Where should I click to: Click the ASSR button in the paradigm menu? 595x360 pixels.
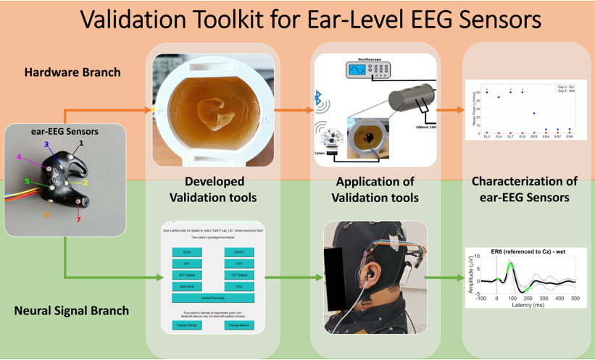tap(187, 252)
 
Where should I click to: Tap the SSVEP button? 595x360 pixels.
tap(239, 252)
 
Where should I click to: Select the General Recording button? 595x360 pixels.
tap(213, 298)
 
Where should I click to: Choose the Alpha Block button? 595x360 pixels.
tap(187, 286)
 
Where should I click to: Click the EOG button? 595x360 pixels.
tap(239, 286)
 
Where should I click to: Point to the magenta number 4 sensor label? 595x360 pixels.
tap(20, 157)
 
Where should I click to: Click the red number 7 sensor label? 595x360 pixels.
tap(79, 219)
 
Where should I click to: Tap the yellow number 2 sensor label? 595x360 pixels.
tap(86, 183)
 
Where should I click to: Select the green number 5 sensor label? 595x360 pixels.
tap(28, 182)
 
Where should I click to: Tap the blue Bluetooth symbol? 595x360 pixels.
tap(317, 97)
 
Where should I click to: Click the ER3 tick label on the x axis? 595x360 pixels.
tap(534, 136)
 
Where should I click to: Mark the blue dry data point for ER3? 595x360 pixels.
tap(534, 113)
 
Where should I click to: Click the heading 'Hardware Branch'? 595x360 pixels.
tap(72, 72)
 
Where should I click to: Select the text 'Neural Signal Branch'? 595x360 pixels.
tap(72, 311)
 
